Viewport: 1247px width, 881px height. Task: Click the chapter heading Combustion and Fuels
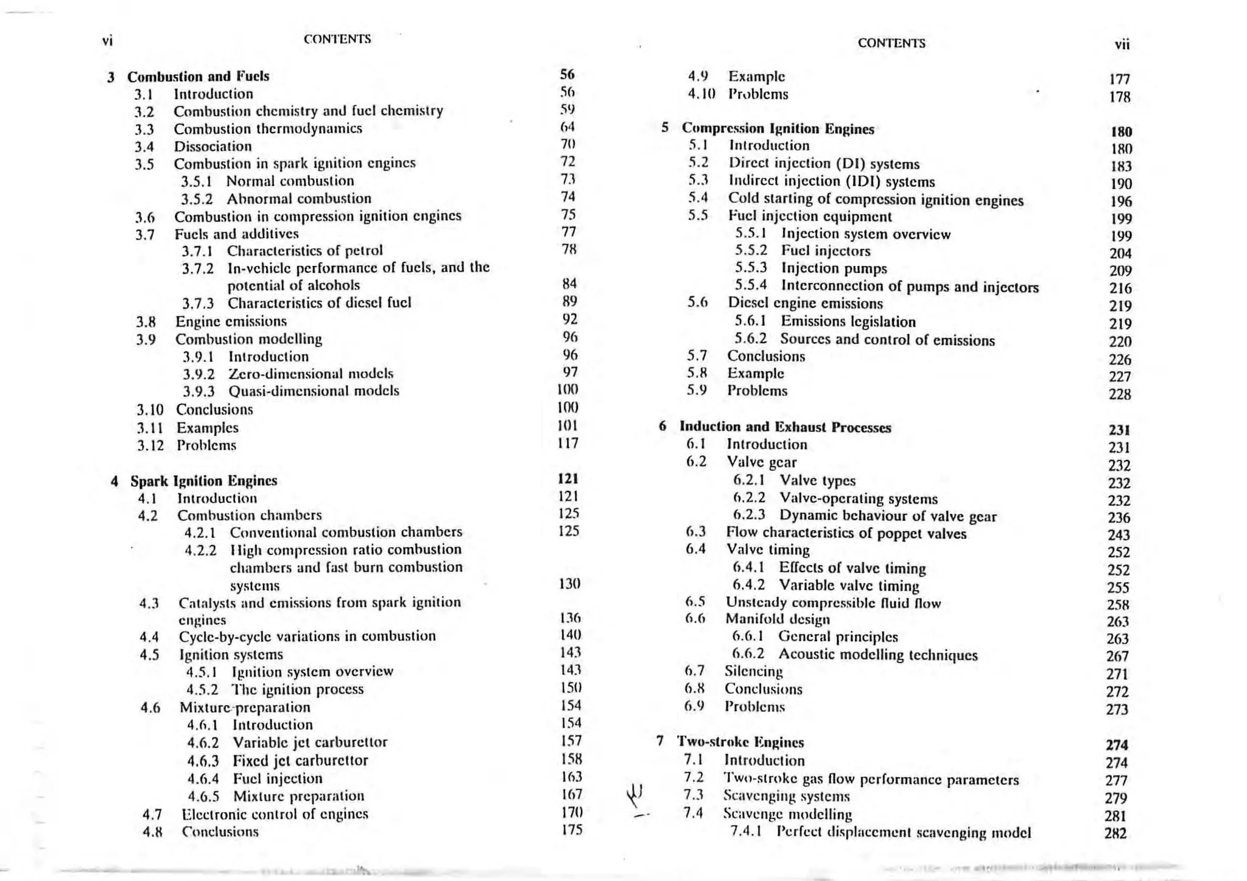(x=198, y=77)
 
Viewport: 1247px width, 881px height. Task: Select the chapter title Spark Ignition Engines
(x=203, y=481)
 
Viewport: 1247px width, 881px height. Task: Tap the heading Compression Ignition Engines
(x=778, y=129)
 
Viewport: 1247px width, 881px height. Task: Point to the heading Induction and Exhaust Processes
(x=785, y=428)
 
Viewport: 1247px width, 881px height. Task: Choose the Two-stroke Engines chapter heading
(x=740, y=742)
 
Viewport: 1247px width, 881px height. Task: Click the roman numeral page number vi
(x=108, y=41)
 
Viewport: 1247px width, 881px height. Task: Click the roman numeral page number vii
(x=1122, y=44)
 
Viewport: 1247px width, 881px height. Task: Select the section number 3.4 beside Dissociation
(x=144, y=147)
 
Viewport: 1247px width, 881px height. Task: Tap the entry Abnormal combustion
(x=298, y=199)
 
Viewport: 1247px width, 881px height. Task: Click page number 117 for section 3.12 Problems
(x=567, y=444)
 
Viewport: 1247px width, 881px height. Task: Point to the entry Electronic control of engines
(x=275, y=814)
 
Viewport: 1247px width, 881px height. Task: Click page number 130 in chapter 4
(x=569, y=584)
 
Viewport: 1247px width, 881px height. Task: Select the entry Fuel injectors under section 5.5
(x=826, y=251)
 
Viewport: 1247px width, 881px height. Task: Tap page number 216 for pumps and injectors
(x=1120, y=288)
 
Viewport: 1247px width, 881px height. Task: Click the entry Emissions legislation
(x=848, y=322)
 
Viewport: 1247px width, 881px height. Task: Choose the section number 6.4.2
(x=748, y=586)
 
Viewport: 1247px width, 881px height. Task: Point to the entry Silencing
(x=753, y=672)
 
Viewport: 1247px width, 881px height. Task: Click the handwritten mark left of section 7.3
(x=635, y=794)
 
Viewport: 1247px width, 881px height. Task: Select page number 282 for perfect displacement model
(x=1115, y=834)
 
